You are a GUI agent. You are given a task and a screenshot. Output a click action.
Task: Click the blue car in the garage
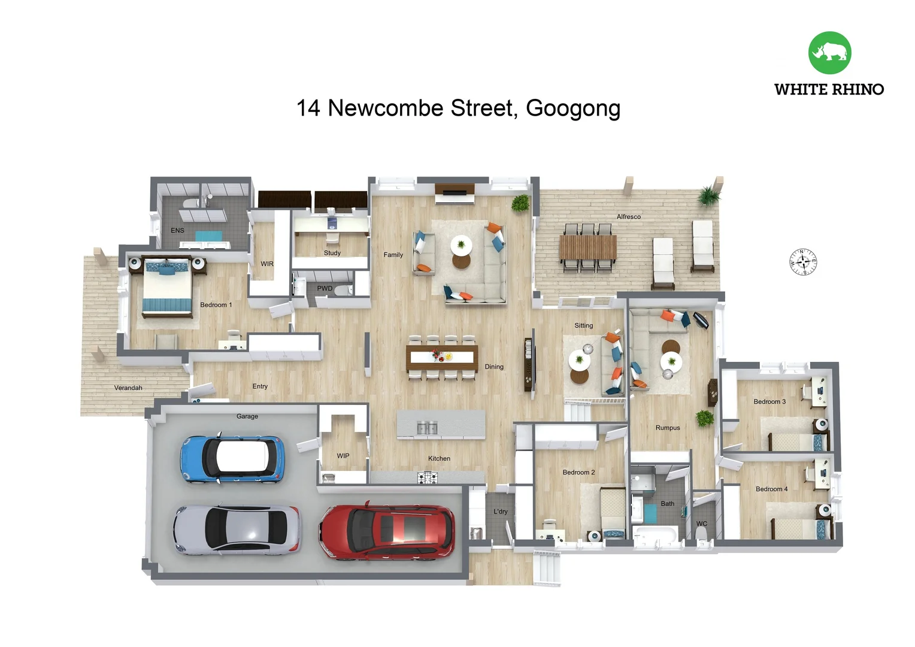pyautogui.click(x=232, y=459)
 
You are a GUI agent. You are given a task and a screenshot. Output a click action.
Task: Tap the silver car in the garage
pyautogui.click(x=237, y=529)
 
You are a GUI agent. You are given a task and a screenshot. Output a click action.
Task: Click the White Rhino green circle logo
pyautogui.click(x=829, y=53)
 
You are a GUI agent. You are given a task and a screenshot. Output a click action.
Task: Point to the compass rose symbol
pyautogui.click(x=803, y=262)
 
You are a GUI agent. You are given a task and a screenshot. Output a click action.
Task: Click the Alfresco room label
pyautogui.click(x=628, y=217)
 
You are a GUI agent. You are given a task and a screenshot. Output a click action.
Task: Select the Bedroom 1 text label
pyautogui.click(x=216, y=305)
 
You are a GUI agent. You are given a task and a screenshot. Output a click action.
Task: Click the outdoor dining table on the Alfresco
pyautogui.click(x=587, y=247)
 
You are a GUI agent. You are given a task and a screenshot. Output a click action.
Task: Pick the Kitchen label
pyautogui.click(x=439, y=459)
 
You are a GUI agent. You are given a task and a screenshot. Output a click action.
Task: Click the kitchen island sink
pyautogui.click(x=427, y=428)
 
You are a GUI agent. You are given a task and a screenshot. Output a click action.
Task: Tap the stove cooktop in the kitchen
pyautogui.click(x=427, y=477)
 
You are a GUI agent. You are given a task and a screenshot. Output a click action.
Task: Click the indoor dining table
pyautogui.click(x=442, y=357)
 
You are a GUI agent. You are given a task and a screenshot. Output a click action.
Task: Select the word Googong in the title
pyautogui.click(x=572, y=108)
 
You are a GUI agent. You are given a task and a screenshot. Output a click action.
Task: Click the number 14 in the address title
pyautogui.click(x=308, y=108)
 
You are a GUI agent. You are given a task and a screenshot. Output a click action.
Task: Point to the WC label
pyautogui.click(x=701, y=524)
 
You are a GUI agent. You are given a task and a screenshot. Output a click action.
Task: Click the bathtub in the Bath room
pyautogui.click(x=655, y=535)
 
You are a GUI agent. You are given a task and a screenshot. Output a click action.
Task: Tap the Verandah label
pyautogui.click(x=128, y=388)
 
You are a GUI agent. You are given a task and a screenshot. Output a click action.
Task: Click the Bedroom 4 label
pyautogui.click(x=771, y=489)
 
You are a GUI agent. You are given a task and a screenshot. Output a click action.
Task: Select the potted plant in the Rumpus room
pyautogui.click(x=705, y=418)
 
